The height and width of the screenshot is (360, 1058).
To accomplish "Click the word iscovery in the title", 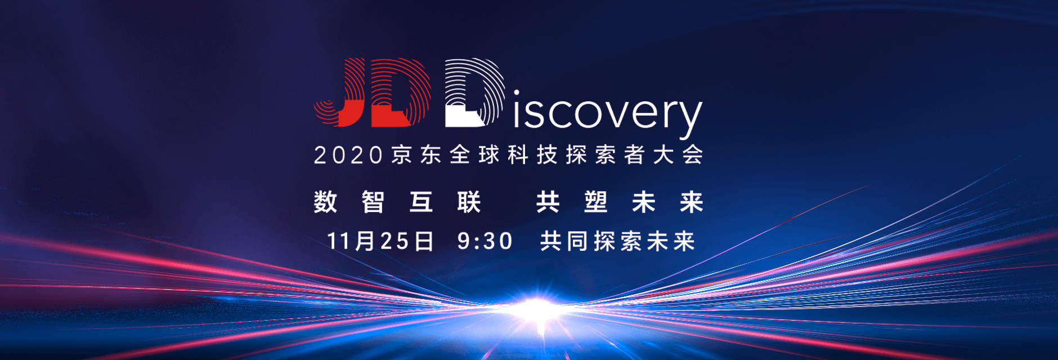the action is [608, 114].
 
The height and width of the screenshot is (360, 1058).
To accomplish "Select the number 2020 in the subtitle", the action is [348, 155].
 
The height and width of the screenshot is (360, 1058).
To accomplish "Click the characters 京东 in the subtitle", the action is [416, 155].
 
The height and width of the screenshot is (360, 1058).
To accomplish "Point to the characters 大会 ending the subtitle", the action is [678, 155].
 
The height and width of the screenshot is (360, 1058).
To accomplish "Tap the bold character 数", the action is [325, 202].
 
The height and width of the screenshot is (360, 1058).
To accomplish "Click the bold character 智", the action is [373, 202].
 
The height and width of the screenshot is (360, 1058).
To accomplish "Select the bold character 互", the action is [421, 202].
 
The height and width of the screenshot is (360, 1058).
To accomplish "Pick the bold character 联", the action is [469, 202].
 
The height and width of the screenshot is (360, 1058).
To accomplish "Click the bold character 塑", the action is [595, 202].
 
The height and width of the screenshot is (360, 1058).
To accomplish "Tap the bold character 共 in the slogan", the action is [548, 202].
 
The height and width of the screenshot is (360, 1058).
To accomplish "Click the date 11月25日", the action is [380, 241].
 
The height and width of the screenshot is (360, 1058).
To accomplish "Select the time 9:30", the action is [485, 241].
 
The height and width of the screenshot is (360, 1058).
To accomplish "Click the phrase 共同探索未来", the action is [617, 241].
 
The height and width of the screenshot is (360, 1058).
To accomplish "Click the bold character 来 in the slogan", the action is [692, 202].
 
